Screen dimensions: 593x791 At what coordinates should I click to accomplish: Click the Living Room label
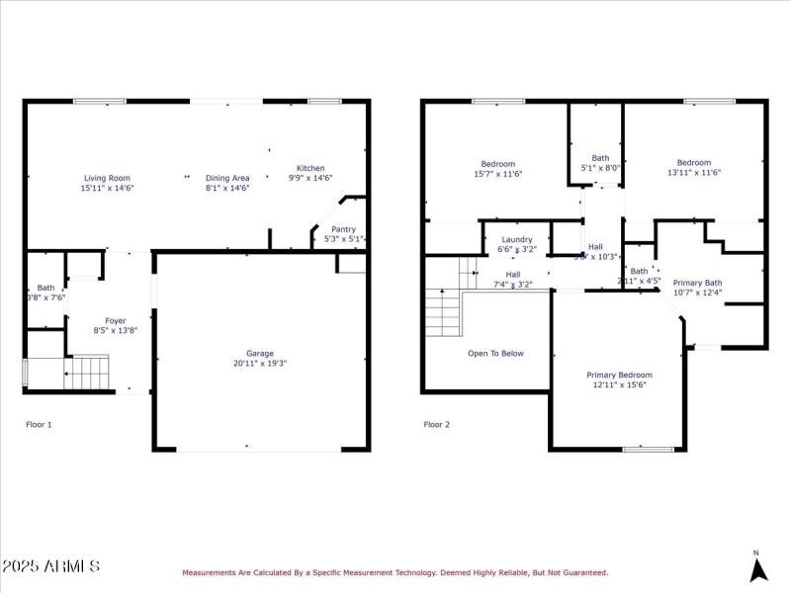106,178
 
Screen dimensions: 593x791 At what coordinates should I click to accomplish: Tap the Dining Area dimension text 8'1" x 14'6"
227,188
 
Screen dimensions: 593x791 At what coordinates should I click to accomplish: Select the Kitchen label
310,168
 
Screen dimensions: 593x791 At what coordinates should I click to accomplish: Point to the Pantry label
343,229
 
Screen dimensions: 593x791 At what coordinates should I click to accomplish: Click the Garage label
260,353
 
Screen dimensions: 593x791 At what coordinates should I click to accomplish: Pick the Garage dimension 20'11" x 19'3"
260,363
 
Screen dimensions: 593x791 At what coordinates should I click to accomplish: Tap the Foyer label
116,320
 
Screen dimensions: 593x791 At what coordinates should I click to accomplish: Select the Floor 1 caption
39,424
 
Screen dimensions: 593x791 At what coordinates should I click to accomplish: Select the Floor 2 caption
436,424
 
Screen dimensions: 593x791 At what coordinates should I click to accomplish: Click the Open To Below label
495,353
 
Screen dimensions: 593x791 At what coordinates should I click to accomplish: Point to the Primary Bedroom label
619,375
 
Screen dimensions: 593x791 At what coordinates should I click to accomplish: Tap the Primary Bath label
697,283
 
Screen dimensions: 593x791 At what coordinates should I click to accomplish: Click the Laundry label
517,239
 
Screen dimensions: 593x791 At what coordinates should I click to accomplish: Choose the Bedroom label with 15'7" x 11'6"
497,164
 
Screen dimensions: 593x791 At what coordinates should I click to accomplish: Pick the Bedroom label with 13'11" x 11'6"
693,163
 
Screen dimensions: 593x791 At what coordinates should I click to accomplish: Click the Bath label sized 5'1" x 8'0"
600,158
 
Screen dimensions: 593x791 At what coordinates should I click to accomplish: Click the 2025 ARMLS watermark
50,566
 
